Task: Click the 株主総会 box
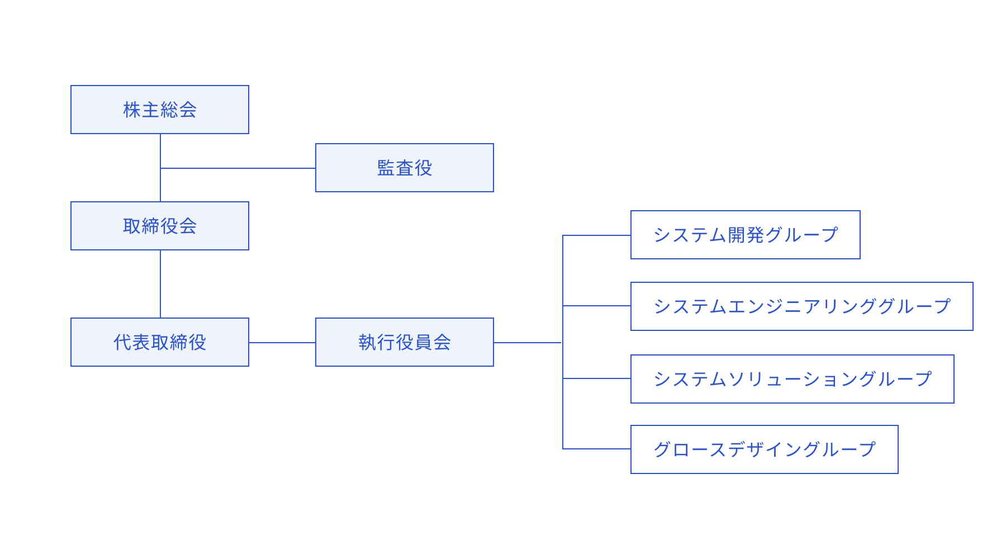(160, 110)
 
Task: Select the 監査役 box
(405, 168)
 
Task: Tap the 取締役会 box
(160, 226)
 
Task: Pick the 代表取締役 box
(160, 342)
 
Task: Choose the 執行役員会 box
(405, 342)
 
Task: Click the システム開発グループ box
(745, 235)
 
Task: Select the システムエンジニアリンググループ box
(801, 306)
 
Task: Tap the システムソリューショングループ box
(792, 379)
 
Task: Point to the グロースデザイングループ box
(764, 449)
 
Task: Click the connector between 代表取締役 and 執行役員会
(282, 343)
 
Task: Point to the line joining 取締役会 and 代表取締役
(160, 284)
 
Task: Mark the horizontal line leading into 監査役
(238, 168)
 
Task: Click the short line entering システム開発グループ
(597, 235)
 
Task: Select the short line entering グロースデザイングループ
(597, 449)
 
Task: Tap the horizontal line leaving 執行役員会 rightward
(528, 343)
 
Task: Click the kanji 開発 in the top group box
(746, 235)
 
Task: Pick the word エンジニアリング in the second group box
(793, 306)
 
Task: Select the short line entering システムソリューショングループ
(597, 378)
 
